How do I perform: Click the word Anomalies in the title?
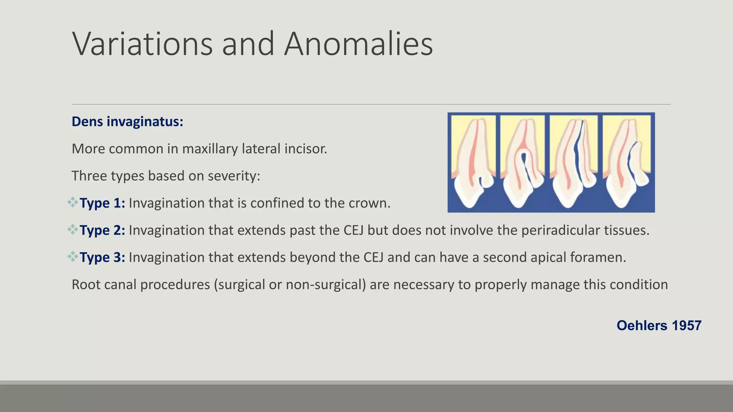(358, 44)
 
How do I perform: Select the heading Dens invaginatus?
(127, 122)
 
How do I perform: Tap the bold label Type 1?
(102, 203)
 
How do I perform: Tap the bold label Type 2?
(102, 230)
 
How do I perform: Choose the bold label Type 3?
(102, 257)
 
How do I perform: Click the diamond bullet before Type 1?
(73, 202)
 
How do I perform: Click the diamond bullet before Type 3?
(73, 257)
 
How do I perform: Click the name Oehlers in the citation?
(642, 325)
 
